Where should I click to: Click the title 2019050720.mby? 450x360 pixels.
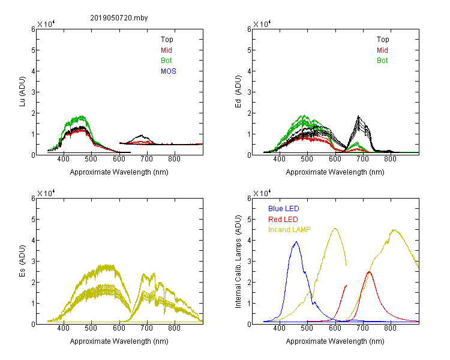coord(119,18)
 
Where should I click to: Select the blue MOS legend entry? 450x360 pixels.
coord(169,71)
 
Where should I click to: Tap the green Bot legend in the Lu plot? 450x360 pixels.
coord(166,61)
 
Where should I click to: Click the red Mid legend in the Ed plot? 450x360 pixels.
coord(382,50)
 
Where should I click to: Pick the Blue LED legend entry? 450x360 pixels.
coord(284,209)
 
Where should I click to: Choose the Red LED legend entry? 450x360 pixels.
coord(283,220)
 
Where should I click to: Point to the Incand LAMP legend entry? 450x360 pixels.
coord(289,230)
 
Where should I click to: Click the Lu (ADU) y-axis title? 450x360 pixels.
coord(22,91)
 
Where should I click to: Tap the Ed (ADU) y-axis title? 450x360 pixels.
coord(238,92)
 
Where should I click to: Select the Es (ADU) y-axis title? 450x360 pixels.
coord(22,261)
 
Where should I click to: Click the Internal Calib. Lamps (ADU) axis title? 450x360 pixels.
coord(238,262)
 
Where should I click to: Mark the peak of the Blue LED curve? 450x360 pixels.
coord(296,242)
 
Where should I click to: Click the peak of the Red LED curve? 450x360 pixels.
coord(369,272)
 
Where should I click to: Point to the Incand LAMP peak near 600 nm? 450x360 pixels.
coord(335,228)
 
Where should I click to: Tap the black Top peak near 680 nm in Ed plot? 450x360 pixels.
coord(358,116)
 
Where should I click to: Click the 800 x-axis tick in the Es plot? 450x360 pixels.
coord(174,328)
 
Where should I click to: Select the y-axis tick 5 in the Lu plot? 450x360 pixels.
coord(33,50)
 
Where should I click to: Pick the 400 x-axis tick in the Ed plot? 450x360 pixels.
coord(279,159)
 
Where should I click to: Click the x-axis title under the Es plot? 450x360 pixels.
coord(119,341)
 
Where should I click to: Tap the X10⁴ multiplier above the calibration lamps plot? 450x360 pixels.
coord(262,193)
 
